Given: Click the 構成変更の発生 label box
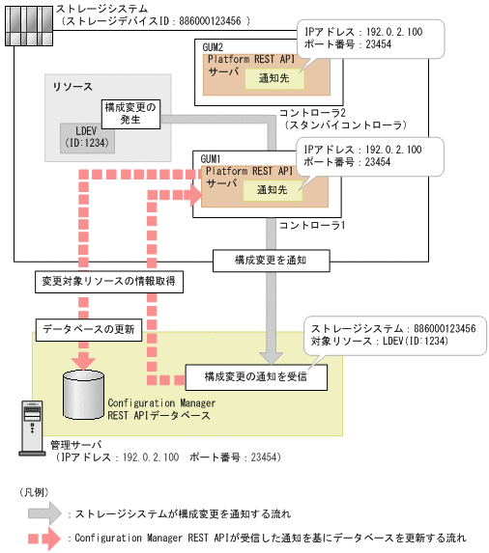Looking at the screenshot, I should click(x=129, y=112).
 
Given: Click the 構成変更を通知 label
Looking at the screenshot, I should click(x=273, y=260).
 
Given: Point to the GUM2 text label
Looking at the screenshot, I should click(x=213, y=46).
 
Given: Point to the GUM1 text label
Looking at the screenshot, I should click(x=213, y=157).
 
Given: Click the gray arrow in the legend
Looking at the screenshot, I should click(x=45, y=512).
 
